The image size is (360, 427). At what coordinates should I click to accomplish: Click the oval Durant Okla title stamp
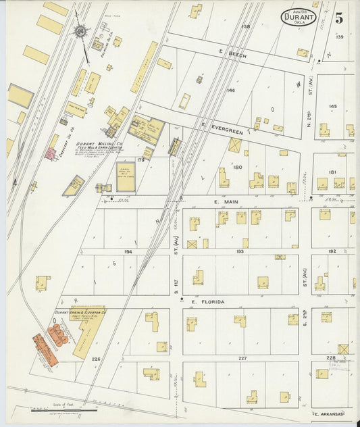click(x=299, y=16)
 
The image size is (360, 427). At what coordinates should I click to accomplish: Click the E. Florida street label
click(x=209, y=302)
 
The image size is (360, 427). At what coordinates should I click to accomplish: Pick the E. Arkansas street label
click(x=328, y=413)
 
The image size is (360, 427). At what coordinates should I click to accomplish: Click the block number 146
click(x=231, y=89)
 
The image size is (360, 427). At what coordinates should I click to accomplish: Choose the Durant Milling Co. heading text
click(x=99, y=144)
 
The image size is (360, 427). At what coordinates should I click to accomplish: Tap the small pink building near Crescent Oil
click(x=50, y=154)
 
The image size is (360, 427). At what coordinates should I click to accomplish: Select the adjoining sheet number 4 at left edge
click(x=14, y=182)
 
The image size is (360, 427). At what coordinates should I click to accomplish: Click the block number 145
click(x=332, y=106)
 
